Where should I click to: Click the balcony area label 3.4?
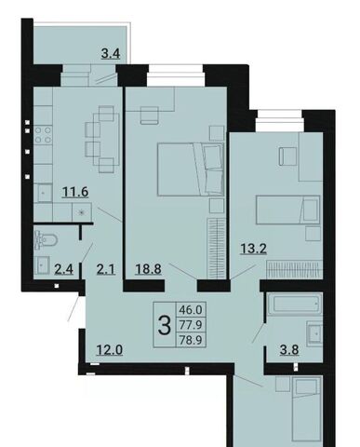click(x=111, y=54)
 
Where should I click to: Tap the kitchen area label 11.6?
click(x=75, y=192)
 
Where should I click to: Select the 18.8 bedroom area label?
click(x=148, y=269)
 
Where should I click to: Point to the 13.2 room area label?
click(x=254, y=249)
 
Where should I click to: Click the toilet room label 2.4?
click(x=63, y=269)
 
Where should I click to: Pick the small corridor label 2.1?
click(x=106, y=269)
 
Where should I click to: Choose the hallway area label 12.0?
click(x=110, y=350)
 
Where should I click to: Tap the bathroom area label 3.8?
click(x=289, y=350)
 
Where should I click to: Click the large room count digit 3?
click(x=165, y=325)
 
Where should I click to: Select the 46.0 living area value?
click(x=191, y=309)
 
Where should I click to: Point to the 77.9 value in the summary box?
click(x=191, y=325)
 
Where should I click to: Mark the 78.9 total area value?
click(x=191, y=340)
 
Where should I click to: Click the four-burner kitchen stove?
click(x=43, y=135)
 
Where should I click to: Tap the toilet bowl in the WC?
click(x=47, y=239)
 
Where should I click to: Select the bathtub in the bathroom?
click(x=295, y=303)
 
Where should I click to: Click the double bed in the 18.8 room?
click(x=191, y=169)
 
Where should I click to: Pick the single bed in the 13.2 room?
click(x=287, y=210)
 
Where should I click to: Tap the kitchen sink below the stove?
click(x=43, y=193)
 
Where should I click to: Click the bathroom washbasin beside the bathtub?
click(x=314, y=333)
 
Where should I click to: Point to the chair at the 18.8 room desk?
click(x=149, y=115)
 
